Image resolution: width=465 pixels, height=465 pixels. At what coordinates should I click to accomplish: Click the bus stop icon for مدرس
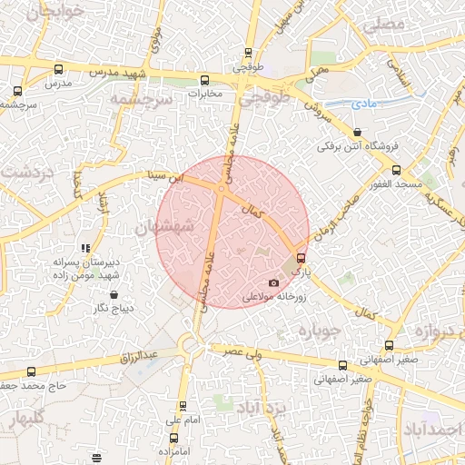click(x=59, y=69)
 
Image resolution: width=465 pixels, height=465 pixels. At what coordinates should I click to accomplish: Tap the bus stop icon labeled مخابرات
click(x=203, y=79)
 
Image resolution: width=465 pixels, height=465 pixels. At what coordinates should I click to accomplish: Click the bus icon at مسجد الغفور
click(x=395, y=171)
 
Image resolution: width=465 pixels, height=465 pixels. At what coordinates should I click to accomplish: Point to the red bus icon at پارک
click(x=302, y=258)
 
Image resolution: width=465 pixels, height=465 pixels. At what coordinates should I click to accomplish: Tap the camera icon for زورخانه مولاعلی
click(x=274, y=282)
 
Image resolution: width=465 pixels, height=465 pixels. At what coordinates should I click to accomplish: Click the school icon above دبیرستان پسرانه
click(x=85, y=248)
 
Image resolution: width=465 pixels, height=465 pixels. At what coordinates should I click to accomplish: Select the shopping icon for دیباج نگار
click(x=114, y=294)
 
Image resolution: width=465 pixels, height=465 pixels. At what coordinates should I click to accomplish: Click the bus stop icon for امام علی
click(x=183, y=406)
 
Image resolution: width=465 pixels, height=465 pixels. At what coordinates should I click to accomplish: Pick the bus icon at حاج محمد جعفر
click(x=32, y=371)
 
